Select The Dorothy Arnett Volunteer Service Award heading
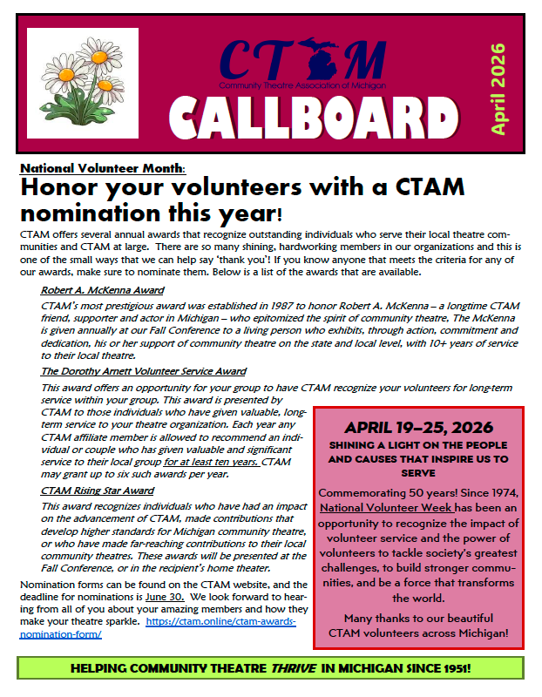point(144,371)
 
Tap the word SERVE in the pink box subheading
point(419,473)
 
